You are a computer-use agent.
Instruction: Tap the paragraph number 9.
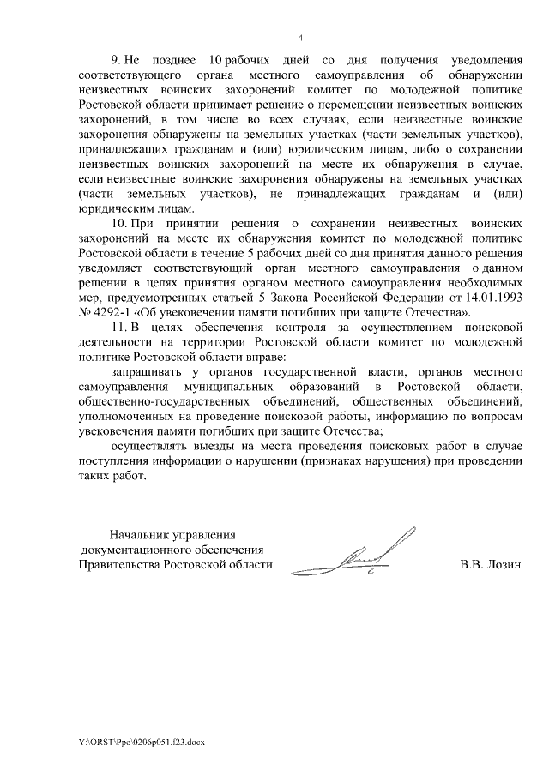click(x=116, y=62)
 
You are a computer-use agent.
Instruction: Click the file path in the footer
click(x=136, y=740)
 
